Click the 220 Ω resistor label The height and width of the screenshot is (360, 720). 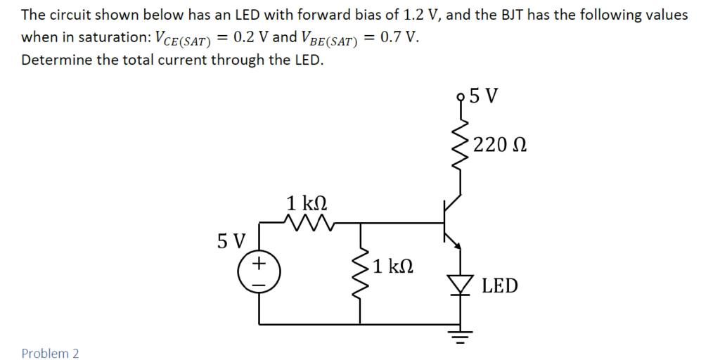pos(501,146)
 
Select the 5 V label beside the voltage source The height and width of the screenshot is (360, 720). pos(231,241)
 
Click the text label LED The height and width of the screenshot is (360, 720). pos(500,286)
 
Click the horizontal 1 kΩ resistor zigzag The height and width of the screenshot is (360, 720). pos(307,224)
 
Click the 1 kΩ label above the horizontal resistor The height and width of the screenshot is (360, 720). pos(307,204)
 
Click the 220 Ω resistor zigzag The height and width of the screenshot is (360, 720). pos(461,146)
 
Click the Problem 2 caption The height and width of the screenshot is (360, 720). pos(50,353)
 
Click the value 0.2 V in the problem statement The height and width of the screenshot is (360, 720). pos(250,37)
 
